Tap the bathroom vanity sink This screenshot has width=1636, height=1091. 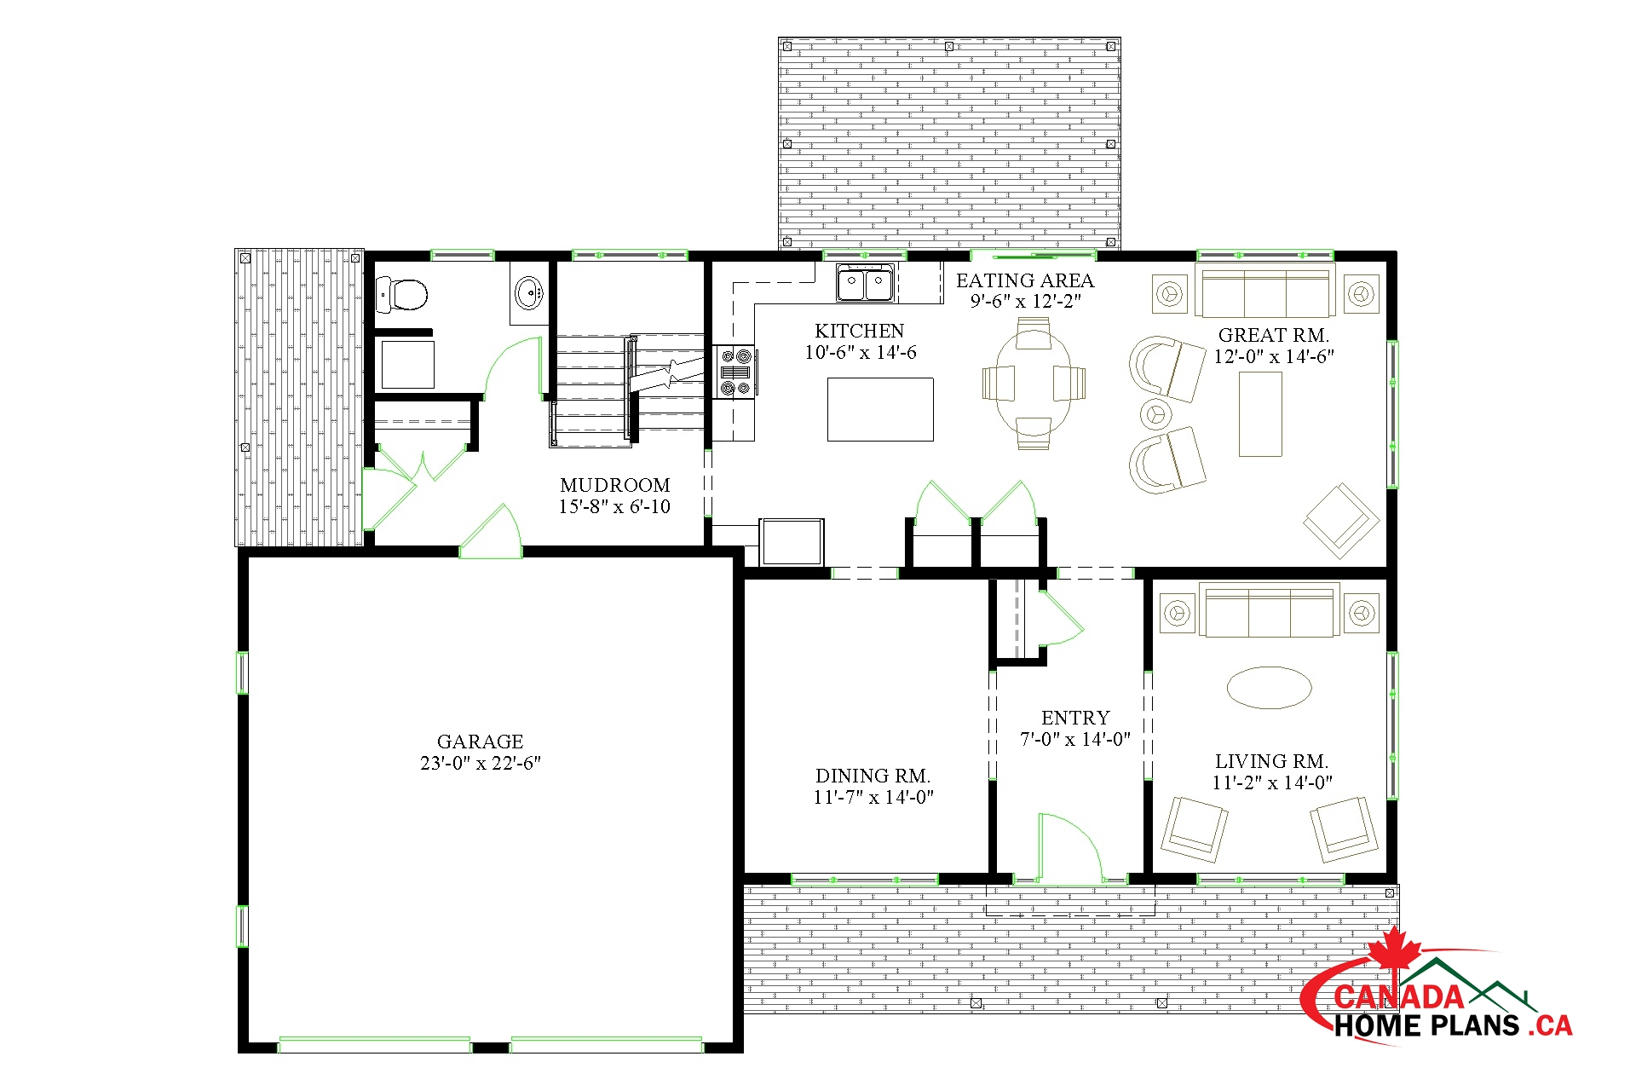tap(529, 294)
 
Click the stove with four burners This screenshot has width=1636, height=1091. tap(734, 372)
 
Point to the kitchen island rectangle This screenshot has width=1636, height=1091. tap(880, 409)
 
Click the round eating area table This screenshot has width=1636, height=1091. tap(1034, 383)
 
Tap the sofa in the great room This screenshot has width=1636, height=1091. tap(1265, 292)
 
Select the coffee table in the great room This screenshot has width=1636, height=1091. tap(1260, 414)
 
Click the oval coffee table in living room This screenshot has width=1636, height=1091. tap(1269, 688)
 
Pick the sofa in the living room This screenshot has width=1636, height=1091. tap(1270, 610)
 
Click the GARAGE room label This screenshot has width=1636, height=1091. tap(480, 742)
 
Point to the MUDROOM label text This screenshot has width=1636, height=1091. tap(615, 485)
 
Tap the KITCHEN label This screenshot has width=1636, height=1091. tap(859, 331)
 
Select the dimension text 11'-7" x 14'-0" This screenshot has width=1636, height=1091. tap(873, 797)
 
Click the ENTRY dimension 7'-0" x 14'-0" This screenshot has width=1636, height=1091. tap(1075, 739)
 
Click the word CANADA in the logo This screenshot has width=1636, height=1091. tap(1398, 996)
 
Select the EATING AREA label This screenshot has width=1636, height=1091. tap(1025, 280)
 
